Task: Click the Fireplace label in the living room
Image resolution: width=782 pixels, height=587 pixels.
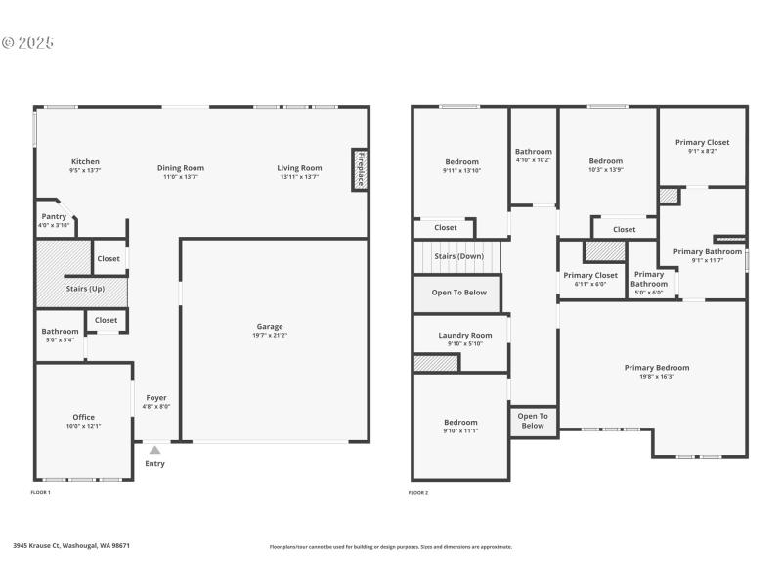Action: point(360,169)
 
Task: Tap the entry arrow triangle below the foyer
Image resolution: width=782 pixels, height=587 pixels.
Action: point(154,450)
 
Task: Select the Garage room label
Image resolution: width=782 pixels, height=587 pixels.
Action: point(270,327)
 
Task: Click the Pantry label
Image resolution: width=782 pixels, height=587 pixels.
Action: point(53,217)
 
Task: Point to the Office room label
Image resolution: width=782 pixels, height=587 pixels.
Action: point(84,418)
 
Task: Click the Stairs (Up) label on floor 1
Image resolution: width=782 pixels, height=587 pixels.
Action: point(84,290)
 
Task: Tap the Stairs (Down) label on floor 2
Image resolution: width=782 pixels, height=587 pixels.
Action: point(458,256)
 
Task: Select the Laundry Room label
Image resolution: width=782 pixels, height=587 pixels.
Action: point(464,336)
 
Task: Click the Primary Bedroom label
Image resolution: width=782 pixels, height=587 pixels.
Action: point(657,368)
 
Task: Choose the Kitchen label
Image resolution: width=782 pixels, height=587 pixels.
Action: point(85,162)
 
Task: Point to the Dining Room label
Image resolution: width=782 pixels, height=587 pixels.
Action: point(181,168)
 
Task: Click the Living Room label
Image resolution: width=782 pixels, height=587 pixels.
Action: point(299,168)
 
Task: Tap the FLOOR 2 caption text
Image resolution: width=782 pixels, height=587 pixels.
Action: point(418,493)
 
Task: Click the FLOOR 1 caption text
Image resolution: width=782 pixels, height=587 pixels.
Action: point(41,493)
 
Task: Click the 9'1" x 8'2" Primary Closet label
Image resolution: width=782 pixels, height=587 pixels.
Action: point(702,143)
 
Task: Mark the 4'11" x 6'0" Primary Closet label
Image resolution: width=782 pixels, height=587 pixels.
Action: point(590,276)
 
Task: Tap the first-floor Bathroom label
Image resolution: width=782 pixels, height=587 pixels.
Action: point(60,332)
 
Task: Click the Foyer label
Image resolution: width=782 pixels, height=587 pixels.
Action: point(156,398)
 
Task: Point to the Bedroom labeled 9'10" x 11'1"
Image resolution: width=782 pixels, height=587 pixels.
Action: point(460,423)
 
